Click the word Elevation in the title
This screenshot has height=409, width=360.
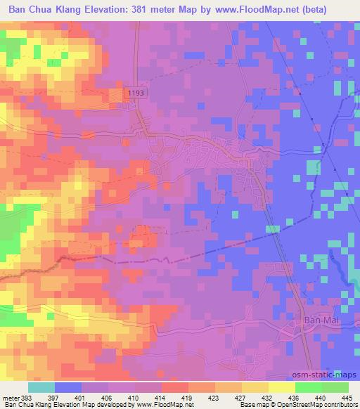click(x=108, y=9)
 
